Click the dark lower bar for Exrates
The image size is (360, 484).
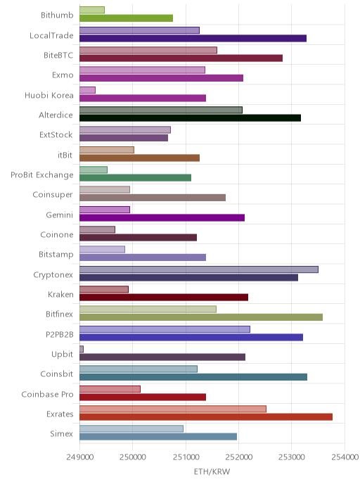pos(206,417)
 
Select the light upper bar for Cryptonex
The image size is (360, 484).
pos(199,269)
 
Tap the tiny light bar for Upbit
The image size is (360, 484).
pos(82,349)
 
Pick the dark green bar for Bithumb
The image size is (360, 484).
pos(126,18)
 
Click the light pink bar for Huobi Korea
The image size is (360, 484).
pos(87,90)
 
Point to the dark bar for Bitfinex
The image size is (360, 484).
pos(201,317)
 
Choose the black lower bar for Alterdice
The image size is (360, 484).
pos(190,118)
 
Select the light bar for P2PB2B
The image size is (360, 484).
pos(165,329)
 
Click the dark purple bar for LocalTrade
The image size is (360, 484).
pos(193,38)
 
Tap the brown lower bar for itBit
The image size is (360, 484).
pos(139,158)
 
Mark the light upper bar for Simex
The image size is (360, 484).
pos(131,428)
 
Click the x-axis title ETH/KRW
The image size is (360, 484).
pos(212,471)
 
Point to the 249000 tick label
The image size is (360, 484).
pos(79,457)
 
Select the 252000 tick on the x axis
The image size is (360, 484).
pos(238,457)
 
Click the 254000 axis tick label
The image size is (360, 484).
pos(345,457)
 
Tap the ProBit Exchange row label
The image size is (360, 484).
pos(42,175)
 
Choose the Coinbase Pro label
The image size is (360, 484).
pos(48,394)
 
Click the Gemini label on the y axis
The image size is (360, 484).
pos(60,215)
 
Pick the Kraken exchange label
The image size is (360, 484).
pos(60,295)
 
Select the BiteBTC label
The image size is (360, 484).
pos(58,56)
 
